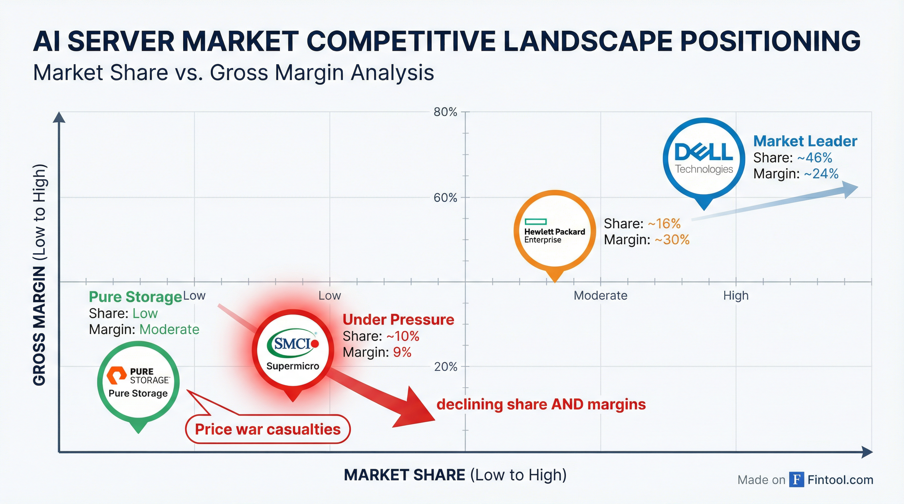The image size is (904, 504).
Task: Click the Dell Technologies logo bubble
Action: pyautogui.click(x=704, y=158)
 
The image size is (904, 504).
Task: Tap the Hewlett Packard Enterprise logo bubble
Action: pyautogui.click(x=554, y=231)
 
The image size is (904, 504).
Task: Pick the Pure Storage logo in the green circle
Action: pyautogui.click(x=138, y=382)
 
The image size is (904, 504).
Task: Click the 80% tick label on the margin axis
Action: pyautogui.click(x=445, y=112)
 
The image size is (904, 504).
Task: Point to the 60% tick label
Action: pyautogui.click(x=445, y=198)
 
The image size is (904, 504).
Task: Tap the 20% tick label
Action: pyautogui.click(x=446, y=367)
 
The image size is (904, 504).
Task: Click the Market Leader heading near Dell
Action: pyautogui.click(x=805, y=141)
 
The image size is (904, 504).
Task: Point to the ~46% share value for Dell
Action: pyautogui.click(x=815, y=158)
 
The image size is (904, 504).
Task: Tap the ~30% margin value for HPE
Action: pyautogui.click(x=672, y=240)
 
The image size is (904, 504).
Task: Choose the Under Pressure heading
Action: pyautogui.click(x=398, y=320)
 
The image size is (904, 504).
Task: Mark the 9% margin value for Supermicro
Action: pyautogui.click(x=402, y=352)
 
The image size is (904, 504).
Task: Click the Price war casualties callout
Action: pyautogui.click(x=267, y=429)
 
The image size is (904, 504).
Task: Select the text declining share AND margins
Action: pyautogui.click(x=541, y=405)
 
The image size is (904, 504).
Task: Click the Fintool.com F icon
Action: pyautogui.click(x=797, y=479)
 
